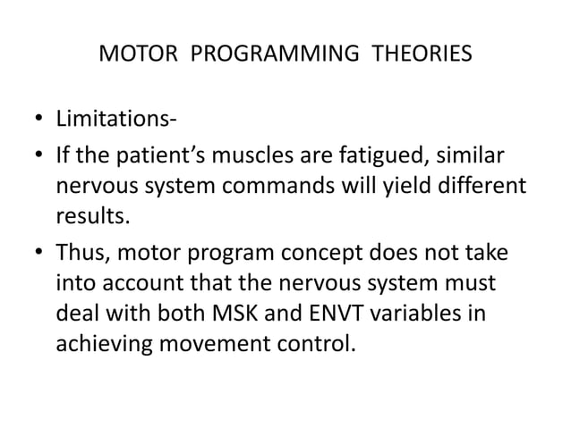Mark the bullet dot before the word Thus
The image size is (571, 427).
point(38,255)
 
